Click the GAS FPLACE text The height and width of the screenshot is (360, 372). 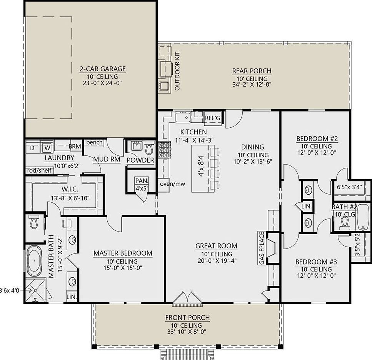coord(262,248)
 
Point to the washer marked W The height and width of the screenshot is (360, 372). coord(47,147)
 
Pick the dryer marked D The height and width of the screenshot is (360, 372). coord(33,147)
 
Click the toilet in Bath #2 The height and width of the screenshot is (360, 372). coord(344,222)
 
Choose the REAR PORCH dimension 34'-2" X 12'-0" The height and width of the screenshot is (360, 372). coord(252,84)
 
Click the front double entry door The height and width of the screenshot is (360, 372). coord(187,299)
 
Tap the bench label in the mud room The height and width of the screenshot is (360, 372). coord(94,142)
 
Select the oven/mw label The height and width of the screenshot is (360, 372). coord(173,184)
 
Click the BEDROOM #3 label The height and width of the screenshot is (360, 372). coord(316,262)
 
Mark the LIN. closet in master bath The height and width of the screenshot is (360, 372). coord(71,297)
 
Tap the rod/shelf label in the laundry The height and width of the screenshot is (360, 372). coord(39,170)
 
